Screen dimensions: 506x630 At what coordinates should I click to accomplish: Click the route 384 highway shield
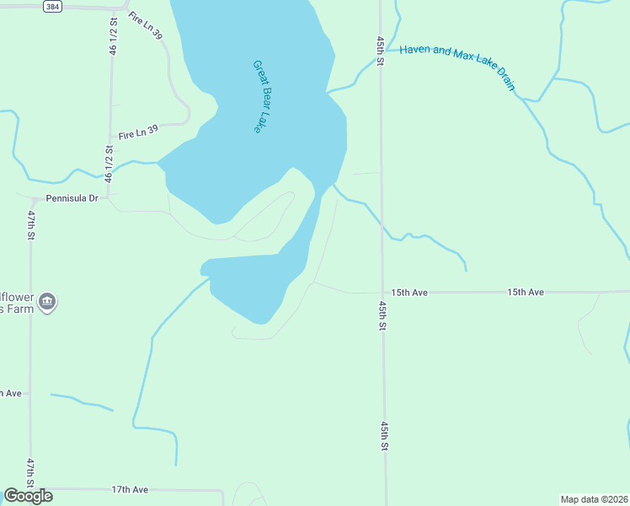click(x=52, y=6)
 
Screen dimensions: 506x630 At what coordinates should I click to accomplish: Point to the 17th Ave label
click(x=130, y=489)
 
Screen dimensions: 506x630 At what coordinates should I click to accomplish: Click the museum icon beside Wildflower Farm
click(x=47, y=302)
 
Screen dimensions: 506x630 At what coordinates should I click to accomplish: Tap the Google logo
click(x=28, y=496)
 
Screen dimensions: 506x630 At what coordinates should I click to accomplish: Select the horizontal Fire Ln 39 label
click(x=138, y=133)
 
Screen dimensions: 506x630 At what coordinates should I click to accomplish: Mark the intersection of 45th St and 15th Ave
click(x=382, y=293)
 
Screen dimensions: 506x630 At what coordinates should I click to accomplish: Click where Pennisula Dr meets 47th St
click(x=32, y=200)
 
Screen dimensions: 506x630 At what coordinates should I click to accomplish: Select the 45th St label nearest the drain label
click(x=381, y=51)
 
